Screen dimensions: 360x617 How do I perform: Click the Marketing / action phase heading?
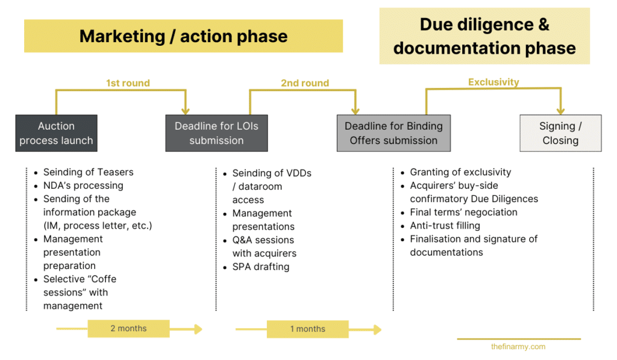tap(183, 36)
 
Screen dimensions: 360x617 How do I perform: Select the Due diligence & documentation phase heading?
tap(484, 36)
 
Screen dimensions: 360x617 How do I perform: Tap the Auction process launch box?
tap(56, 133)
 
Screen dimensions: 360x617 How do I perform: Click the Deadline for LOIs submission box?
tap(216, 133)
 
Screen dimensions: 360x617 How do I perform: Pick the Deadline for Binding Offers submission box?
tap(393, 133)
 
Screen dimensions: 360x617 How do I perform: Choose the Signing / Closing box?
tap(560, 133)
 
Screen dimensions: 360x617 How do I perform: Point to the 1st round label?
tap(128, 83)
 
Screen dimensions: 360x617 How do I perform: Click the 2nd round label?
tap(305, 83)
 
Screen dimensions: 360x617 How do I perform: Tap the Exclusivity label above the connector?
tap(493, 82)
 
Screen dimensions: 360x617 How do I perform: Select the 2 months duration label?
tap(128, 329)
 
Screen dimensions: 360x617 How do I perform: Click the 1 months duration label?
tap(308, 329)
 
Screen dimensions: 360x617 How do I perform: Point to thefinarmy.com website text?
tap(518, 347)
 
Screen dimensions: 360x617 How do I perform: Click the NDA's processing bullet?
tap(83, 186)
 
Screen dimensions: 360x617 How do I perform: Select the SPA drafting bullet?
tap(260, 267)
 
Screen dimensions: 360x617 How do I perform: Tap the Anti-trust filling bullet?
tap(445, 226)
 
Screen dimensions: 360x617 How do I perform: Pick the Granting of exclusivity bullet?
tap(460, 172)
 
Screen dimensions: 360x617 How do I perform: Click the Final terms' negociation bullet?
tap(463, 212)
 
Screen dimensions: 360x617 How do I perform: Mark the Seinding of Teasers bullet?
tap(88, 172)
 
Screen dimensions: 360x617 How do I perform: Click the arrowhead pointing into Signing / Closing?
tap(560, 110)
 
